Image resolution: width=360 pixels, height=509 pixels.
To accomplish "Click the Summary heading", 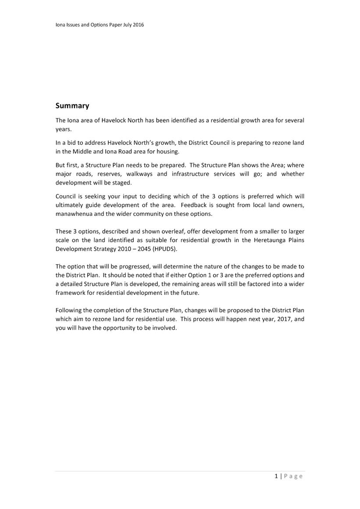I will (72, 106).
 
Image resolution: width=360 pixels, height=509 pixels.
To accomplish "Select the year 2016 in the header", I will (137, 25).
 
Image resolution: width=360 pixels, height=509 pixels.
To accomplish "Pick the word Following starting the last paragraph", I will (69, 310).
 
